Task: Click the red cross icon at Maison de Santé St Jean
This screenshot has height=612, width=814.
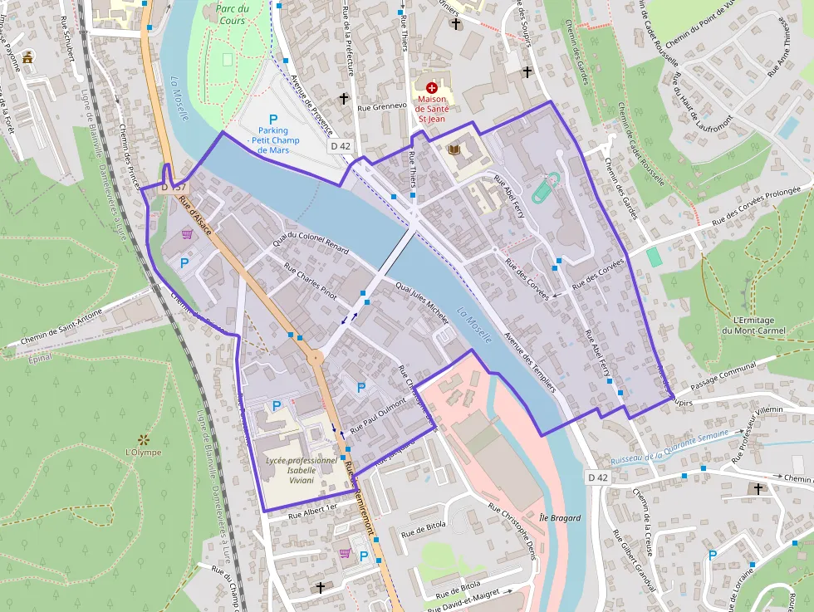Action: pos(431,87)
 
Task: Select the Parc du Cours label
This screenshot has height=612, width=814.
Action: pos(232,14)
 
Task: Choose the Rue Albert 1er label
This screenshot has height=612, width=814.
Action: pos(313,511)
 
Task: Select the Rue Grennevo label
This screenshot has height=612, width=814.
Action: pos(382,107)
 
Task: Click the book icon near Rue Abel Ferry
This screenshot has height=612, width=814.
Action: pos(454,149)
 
